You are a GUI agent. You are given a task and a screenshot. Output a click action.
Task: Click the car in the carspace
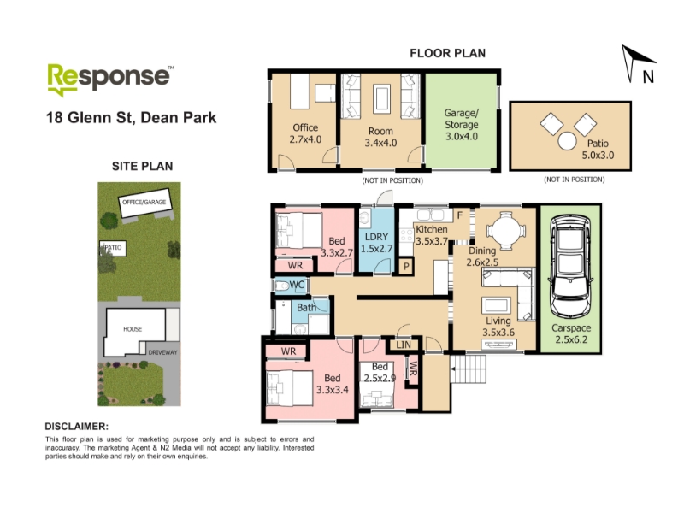click(x=570, y=267)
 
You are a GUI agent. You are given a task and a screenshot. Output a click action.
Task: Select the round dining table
click(x=506, y=230)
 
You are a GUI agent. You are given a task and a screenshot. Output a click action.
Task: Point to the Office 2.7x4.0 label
click(x=305, y=133)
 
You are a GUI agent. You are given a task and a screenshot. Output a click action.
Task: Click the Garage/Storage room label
click(x=462, y=124)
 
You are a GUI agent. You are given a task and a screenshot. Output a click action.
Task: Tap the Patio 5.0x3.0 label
click(x=598, y=149)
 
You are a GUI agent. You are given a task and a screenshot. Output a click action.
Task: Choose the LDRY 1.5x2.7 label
click(x=376, y=243)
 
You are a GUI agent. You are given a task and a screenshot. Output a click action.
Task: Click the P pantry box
click(x=406, y=267)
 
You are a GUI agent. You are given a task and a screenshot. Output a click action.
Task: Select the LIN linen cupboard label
click(x=404, y=345)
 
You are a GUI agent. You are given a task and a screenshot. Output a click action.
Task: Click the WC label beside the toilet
click(x=297, y=286)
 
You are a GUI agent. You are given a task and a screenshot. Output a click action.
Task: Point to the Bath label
click(x=306, y=308)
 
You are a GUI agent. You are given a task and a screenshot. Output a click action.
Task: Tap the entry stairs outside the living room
click(x=468, y=369)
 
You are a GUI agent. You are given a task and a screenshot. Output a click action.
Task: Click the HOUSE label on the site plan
click(x=133, y=329)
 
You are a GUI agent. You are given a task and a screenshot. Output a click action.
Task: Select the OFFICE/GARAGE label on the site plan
click(x=144, y=202)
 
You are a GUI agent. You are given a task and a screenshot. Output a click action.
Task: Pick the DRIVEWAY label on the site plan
click(x=162, y=352)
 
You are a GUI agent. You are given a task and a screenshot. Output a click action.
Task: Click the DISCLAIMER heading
click(x=77, y=427)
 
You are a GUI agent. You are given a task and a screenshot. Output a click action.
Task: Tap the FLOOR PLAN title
click(x=447, y=53)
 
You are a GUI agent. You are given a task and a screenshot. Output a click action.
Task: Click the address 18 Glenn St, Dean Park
click(x=132, y=117)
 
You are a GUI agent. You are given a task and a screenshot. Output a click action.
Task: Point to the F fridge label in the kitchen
click(x=460, y=215)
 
